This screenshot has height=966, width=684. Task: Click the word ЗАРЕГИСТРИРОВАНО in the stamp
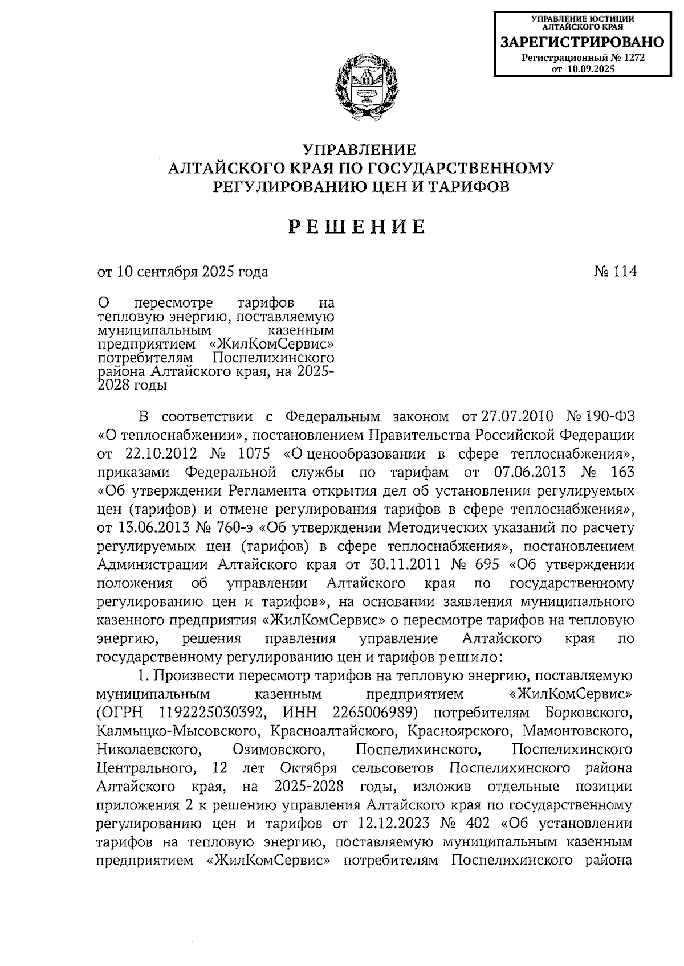pos(582,42)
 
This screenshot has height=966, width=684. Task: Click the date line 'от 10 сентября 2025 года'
pos(182,272)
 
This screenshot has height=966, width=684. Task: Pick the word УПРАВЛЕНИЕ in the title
pos(359,150)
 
